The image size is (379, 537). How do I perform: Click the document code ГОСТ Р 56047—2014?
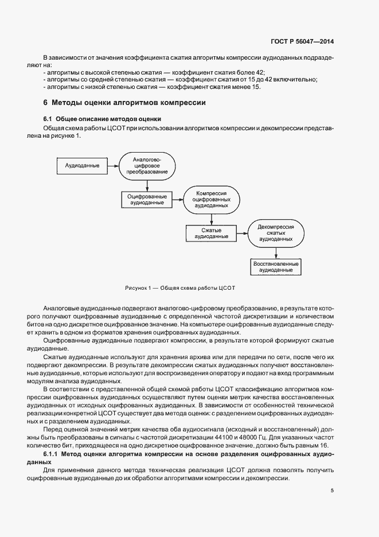pyautogui.click(x=303, y=41)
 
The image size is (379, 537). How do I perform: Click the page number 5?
pyautogui.click(x=333, y=490)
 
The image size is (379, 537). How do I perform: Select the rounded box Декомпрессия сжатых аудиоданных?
pyautogui.click(x=276, y=233)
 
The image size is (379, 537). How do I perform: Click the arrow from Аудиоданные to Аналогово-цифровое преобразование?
pyautogui.click(x=110, y=166)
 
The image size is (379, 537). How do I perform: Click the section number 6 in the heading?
pyautogui.click(x=45, y=103)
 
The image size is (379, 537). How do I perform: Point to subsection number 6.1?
pyautogui.click(x=48, y=119)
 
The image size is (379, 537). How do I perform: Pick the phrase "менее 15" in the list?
pyautogui.click(x=248, y=86)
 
